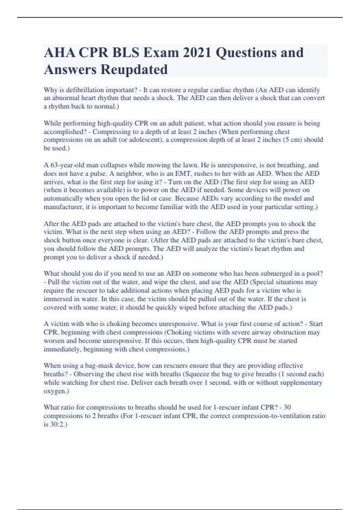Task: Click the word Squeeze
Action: click(x=196, y=374)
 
